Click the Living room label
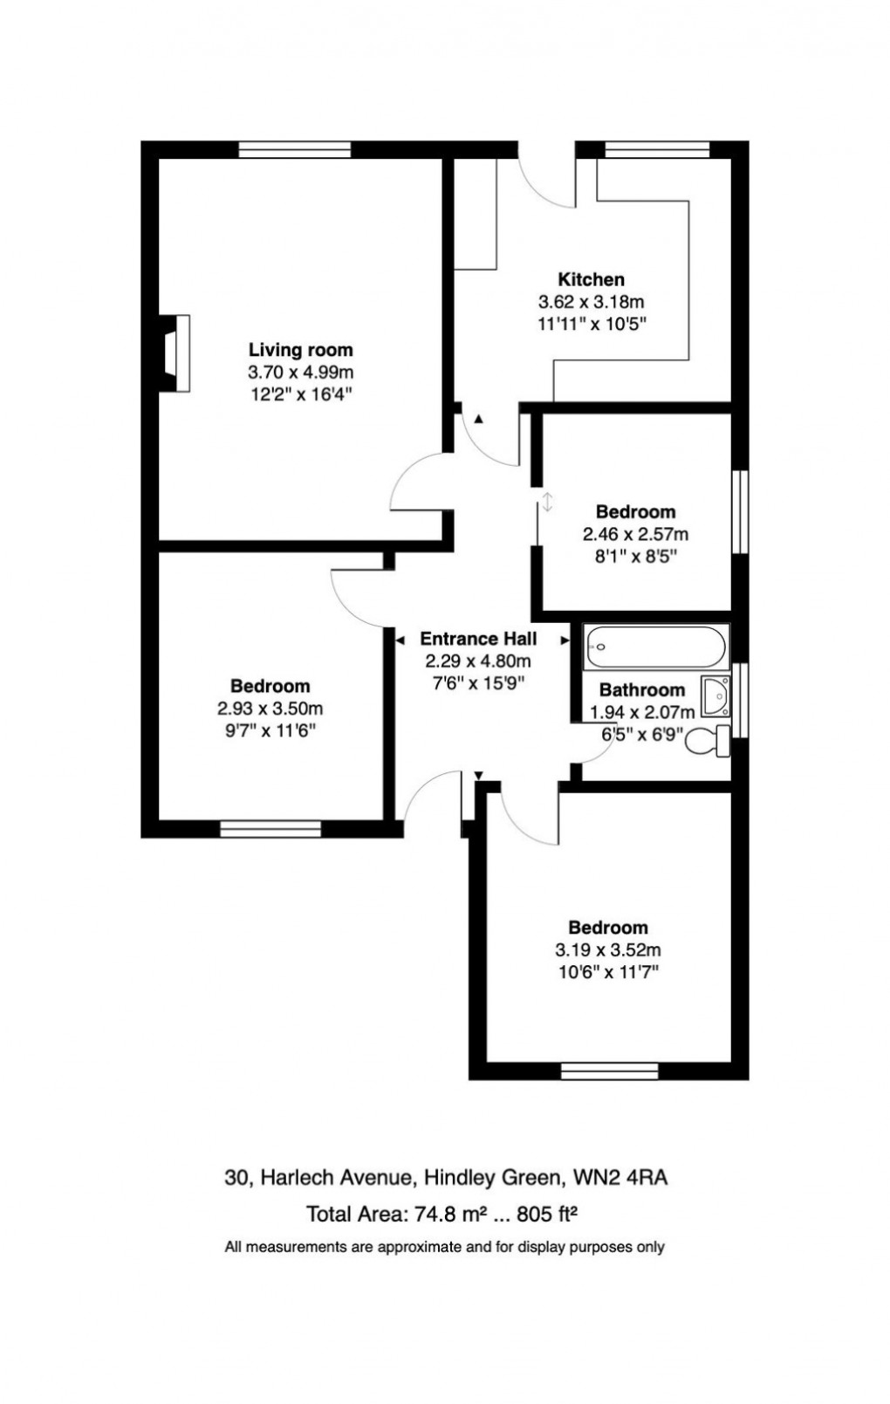pos(301,350)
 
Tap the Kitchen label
pos(591,279)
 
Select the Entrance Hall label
pos(478,639)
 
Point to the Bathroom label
pos(642,690)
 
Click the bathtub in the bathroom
pos(656,647)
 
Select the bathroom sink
pos(715,695)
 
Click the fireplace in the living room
pos(175,353)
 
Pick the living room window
pos(295,150)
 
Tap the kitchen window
pos(657,150)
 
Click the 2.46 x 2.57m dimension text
pos(635,535)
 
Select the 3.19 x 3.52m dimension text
pos(608,950)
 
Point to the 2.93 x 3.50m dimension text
pos(270,709)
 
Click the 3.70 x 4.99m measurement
pos(301,373)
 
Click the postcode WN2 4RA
pos(620,1178)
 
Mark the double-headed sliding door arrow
pos(547,502)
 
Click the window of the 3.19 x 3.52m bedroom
pos(610,1072)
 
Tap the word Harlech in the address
pos(297,1178)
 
